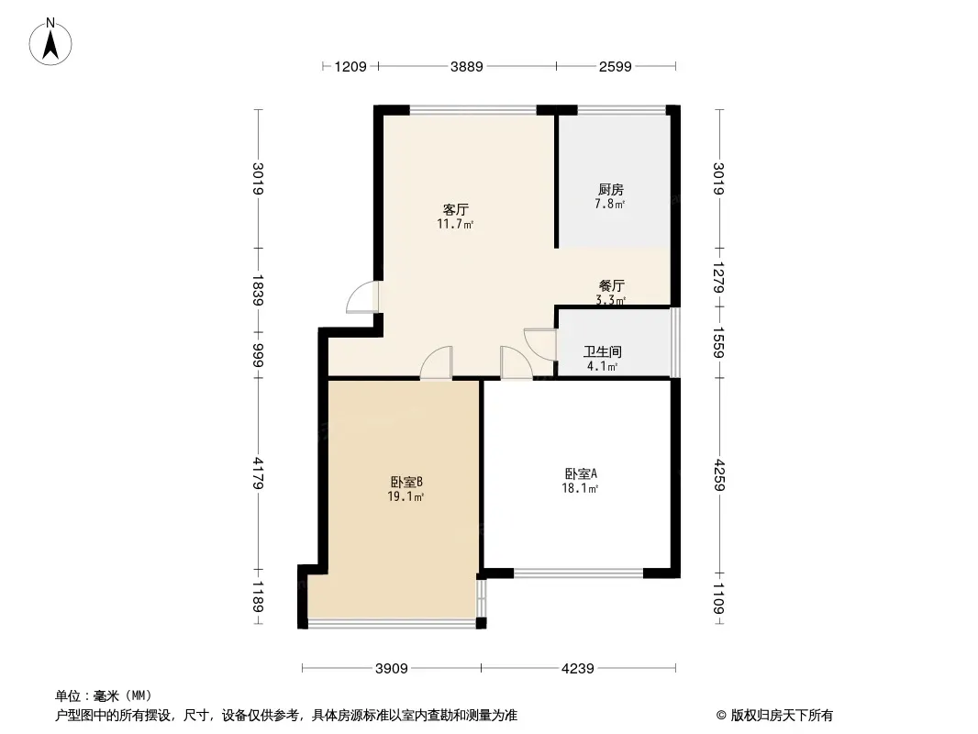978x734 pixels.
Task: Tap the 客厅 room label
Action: tap(456, 209)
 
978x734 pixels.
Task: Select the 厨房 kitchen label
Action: tap(611, 190)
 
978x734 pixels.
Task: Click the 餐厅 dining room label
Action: tap(612, 285)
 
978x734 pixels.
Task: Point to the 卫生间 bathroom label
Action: tap(603, 351)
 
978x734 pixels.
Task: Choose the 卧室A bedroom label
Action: tap(581, 474)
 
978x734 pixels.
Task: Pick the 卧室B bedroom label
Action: tap(405, 482)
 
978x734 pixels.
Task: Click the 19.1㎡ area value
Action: tap(405, 497)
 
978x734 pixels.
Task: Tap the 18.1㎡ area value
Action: tap(581, 489)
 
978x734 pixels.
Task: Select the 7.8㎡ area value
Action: tap(611, 204)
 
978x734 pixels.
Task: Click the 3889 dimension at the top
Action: tap(466, 66)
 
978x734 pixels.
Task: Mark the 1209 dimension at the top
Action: tap(350, 66)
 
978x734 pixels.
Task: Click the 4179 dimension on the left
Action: tap(260, 474)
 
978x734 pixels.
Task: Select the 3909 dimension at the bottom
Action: tap(392, 668)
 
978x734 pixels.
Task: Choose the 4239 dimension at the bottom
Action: tap(578, 668)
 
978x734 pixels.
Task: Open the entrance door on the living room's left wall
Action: tap(365, 296)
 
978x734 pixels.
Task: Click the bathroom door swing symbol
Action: tap(539, 343)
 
